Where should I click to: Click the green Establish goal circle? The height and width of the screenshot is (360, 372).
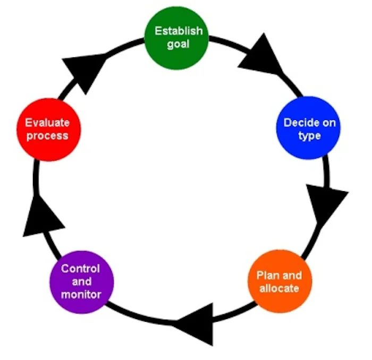(x=178, y=37)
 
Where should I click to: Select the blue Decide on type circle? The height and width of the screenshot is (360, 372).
(x=309, y=128)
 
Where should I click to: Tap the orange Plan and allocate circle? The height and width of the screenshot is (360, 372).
(x=278, y=281)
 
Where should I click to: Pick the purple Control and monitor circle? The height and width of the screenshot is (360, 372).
(x=81, y=281)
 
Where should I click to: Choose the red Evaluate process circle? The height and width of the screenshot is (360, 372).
(x=48, y=129)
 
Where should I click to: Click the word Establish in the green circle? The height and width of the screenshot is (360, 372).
(x=179, y=31)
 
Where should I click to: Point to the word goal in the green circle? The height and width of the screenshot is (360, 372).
(x=178, y=44)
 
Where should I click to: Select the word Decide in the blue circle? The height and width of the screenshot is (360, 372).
(x=298, y=123)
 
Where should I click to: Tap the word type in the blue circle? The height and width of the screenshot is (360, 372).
(x=309, y=136)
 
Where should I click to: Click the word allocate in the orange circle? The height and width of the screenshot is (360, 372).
(x=278, y=288)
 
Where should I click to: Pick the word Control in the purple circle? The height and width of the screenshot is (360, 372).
(x=81, y=268)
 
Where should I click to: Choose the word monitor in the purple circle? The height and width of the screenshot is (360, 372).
(x=81, y=294)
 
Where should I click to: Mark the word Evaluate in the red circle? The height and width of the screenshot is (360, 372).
(x=48, y=123)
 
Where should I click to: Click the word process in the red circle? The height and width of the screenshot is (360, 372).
(x=48, y=135)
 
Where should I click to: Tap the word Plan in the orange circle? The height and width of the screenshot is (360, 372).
(x=267, y=276)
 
